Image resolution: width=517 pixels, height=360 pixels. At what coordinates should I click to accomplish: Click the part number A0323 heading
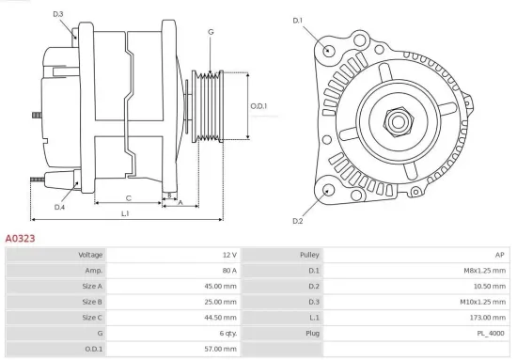[21, 239]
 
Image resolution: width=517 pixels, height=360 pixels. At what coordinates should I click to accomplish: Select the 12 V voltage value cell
[229, 255]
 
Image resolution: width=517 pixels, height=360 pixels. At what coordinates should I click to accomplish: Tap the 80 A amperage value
[227, 271]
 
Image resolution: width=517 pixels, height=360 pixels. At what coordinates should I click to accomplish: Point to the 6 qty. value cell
[226, 333]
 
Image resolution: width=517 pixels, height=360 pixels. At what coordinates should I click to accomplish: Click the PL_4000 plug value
[490, 333]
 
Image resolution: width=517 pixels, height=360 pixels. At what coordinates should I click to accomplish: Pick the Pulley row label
[309, 255]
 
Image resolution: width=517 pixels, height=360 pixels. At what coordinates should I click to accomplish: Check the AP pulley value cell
[499, 255]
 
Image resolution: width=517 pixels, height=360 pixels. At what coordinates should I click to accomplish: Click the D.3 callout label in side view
[58, 14]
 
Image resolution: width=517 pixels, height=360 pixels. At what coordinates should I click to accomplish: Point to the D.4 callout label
[59, 207]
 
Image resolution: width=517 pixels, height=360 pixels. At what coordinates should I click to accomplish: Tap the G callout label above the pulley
[211, 32]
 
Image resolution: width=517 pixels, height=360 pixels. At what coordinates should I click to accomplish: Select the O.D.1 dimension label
[258, 106]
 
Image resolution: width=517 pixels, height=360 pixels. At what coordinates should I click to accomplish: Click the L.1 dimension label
[125, 214]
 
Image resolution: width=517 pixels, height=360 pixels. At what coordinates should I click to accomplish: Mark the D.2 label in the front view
[298, 221]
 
